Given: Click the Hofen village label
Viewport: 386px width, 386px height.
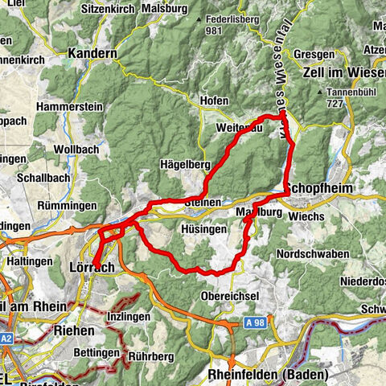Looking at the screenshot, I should tap(215, 101).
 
